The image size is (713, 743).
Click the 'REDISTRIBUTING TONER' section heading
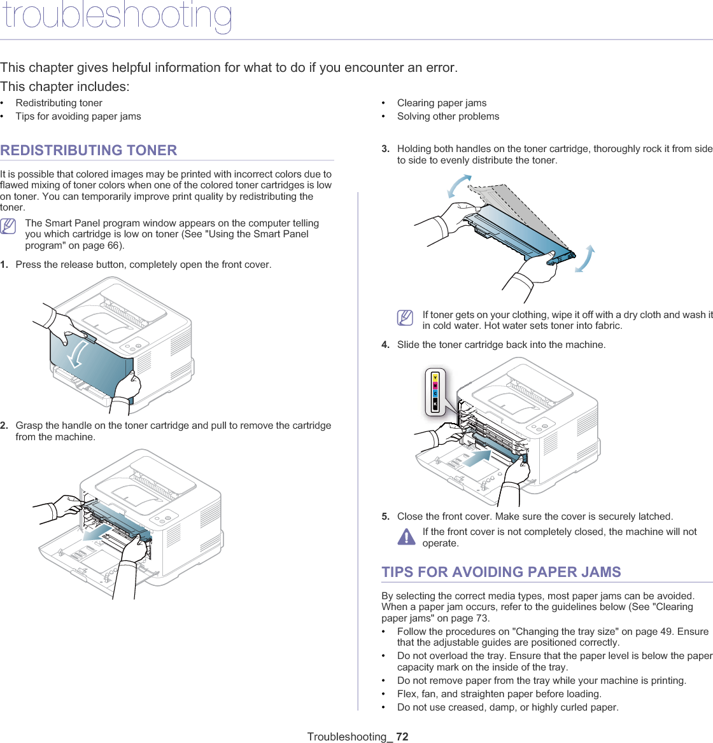pos(89,151)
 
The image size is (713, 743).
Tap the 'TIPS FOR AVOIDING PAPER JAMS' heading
pos(501,572)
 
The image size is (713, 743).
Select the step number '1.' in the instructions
pos(4,265)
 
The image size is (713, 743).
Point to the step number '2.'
pos(4,426)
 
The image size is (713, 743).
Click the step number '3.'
pos(386,149)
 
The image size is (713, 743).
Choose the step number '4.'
pos(386,345)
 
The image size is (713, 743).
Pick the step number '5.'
pos(386,517)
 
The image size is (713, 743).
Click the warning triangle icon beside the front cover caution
pos(406,537)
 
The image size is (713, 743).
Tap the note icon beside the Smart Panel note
pos(9,226)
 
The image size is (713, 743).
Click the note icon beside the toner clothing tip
pos(405,317)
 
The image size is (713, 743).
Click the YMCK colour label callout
pos(435,391)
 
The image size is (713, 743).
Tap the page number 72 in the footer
pos(402,737)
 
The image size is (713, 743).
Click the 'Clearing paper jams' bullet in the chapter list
pos(441,103)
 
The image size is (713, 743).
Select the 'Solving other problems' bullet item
pos(448,116)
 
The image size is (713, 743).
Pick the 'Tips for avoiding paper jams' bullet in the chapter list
pos(78,116)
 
